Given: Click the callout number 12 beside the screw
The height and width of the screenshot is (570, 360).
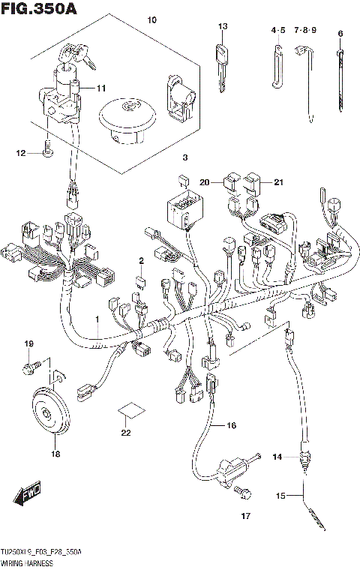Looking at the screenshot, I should coord(21,153).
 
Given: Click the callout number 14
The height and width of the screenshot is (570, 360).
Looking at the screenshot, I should coord(277,457).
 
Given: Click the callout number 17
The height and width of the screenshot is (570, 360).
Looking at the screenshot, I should coord(244,516).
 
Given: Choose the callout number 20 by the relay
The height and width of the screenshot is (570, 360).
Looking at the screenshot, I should coord(205,182).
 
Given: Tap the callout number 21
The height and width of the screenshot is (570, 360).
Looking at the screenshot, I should coord(279,182).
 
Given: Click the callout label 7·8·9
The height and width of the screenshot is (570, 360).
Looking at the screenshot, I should coord(305,31).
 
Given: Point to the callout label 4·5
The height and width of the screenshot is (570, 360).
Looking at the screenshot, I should coord(278,31).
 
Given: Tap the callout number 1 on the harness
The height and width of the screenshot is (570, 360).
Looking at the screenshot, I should coord(97,320).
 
